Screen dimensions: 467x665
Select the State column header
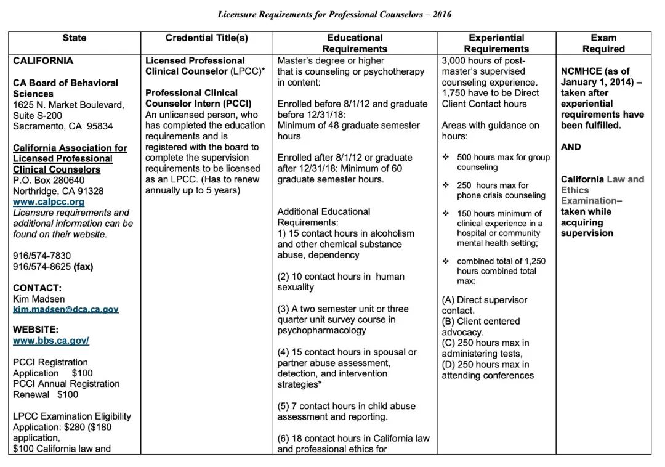point(75,38)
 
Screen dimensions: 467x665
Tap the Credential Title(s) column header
point(207,38)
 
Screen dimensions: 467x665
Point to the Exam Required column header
point(603,43)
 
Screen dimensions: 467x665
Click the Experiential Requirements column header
point(496,43)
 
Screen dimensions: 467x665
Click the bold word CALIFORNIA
point(43,61)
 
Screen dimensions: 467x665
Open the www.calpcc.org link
point(49,201)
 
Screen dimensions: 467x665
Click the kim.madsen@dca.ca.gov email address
point(66,309)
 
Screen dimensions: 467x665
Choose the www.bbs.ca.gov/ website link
point(51,341)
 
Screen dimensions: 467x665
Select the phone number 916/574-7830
point(42,256)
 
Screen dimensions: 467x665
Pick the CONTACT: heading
point(38,288)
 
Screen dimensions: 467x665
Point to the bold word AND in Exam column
point(571,147)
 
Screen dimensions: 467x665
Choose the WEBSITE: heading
point(36,330)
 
